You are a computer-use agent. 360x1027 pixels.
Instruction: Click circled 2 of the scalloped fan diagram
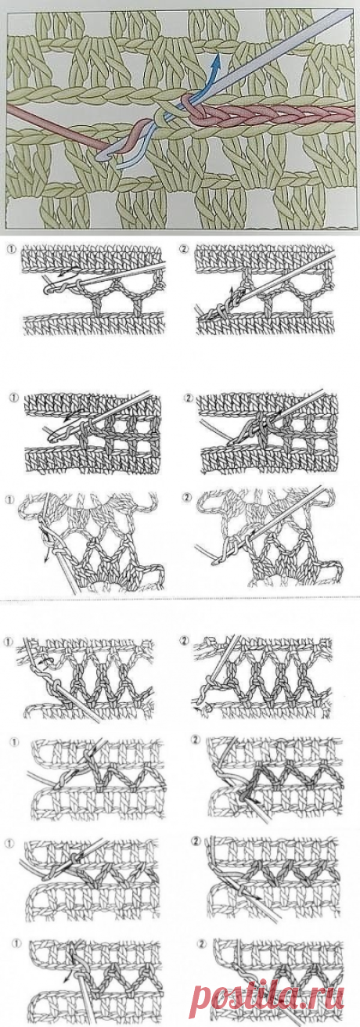click(186, 498)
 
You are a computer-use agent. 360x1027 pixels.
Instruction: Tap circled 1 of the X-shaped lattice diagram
click(7, 642)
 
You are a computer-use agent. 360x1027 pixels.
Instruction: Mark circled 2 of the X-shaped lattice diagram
click(183, 641)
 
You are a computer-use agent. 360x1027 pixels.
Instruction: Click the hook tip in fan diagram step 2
click(215, 560)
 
